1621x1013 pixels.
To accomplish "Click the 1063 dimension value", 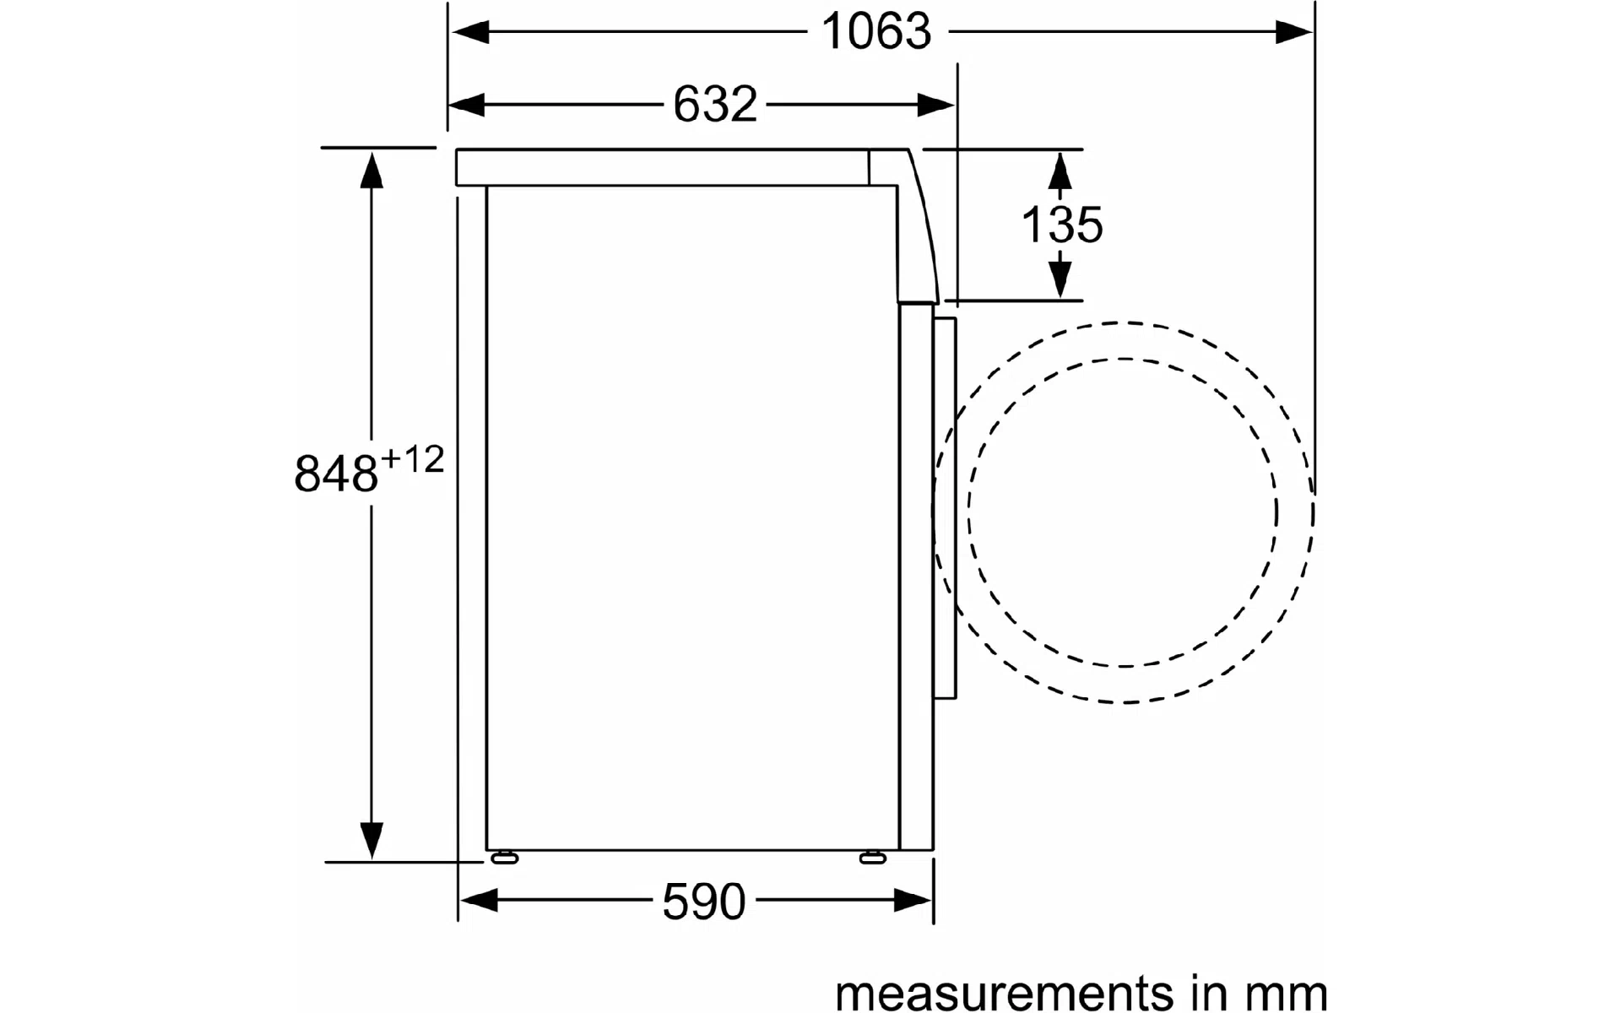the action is [876, 32].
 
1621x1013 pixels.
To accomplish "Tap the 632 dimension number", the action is [715, 105].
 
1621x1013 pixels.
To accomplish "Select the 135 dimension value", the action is [1062, 225].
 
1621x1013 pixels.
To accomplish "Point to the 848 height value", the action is [335, 474].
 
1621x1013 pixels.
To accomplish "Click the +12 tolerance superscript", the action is [412, 460].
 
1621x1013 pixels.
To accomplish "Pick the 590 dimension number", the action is [704, 902].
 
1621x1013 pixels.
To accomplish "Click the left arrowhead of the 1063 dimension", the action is [469, 32].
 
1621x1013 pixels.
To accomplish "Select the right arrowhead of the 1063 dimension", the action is [1293, 32].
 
